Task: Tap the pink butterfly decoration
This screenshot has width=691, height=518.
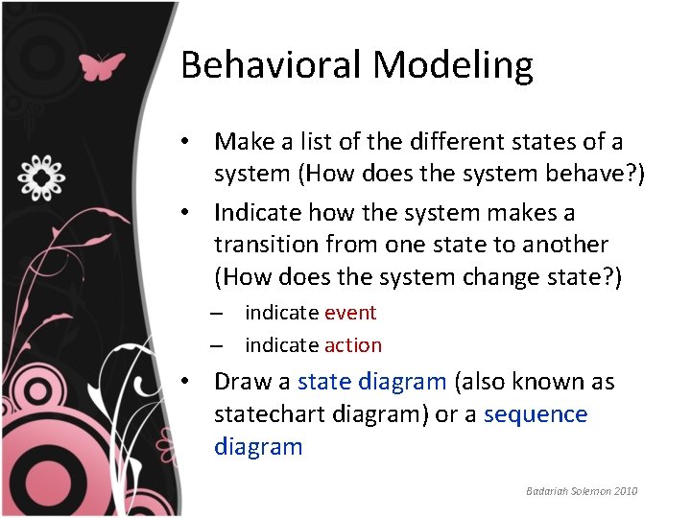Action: [103, 66]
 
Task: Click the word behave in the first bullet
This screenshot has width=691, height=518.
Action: [592, 175]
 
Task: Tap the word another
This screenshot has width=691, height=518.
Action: [562, 245]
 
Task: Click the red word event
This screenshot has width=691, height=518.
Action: [350, 313]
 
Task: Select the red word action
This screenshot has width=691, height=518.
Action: [353, 345]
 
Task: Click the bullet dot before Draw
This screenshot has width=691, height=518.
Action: [192, 382]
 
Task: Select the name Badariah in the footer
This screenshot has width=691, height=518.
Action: [546, 491]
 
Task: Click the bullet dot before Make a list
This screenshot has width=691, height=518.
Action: [192, 142]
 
